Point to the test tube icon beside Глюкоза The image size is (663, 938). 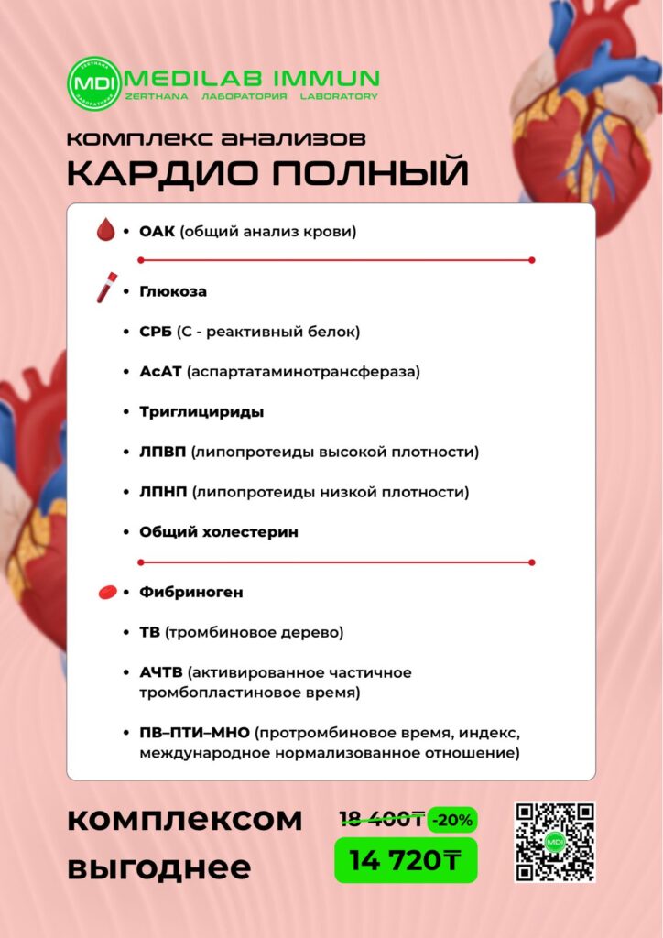pos(105,288)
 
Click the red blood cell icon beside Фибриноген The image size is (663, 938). pos(107,593)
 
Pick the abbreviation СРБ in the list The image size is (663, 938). pos(155,332)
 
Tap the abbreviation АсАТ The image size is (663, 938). pos(160,372)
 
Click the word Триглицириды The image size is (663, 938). pos(201,412)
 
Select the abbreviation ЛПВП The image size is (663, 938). pos(163,453)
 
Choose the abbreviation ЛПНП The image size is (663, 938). pos(163,493)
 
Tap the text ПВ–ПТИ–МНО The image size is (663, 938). pos(194,734)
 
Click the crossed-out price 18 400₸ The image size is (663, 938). pos(381,818)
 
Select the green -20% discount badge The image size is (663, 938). pos(452,819)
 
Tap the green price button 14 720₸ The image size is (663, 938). pos(406,859)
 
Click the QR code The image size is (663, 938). pos(554,842)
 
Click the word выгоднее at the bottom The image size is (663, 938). pos(158,866)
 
